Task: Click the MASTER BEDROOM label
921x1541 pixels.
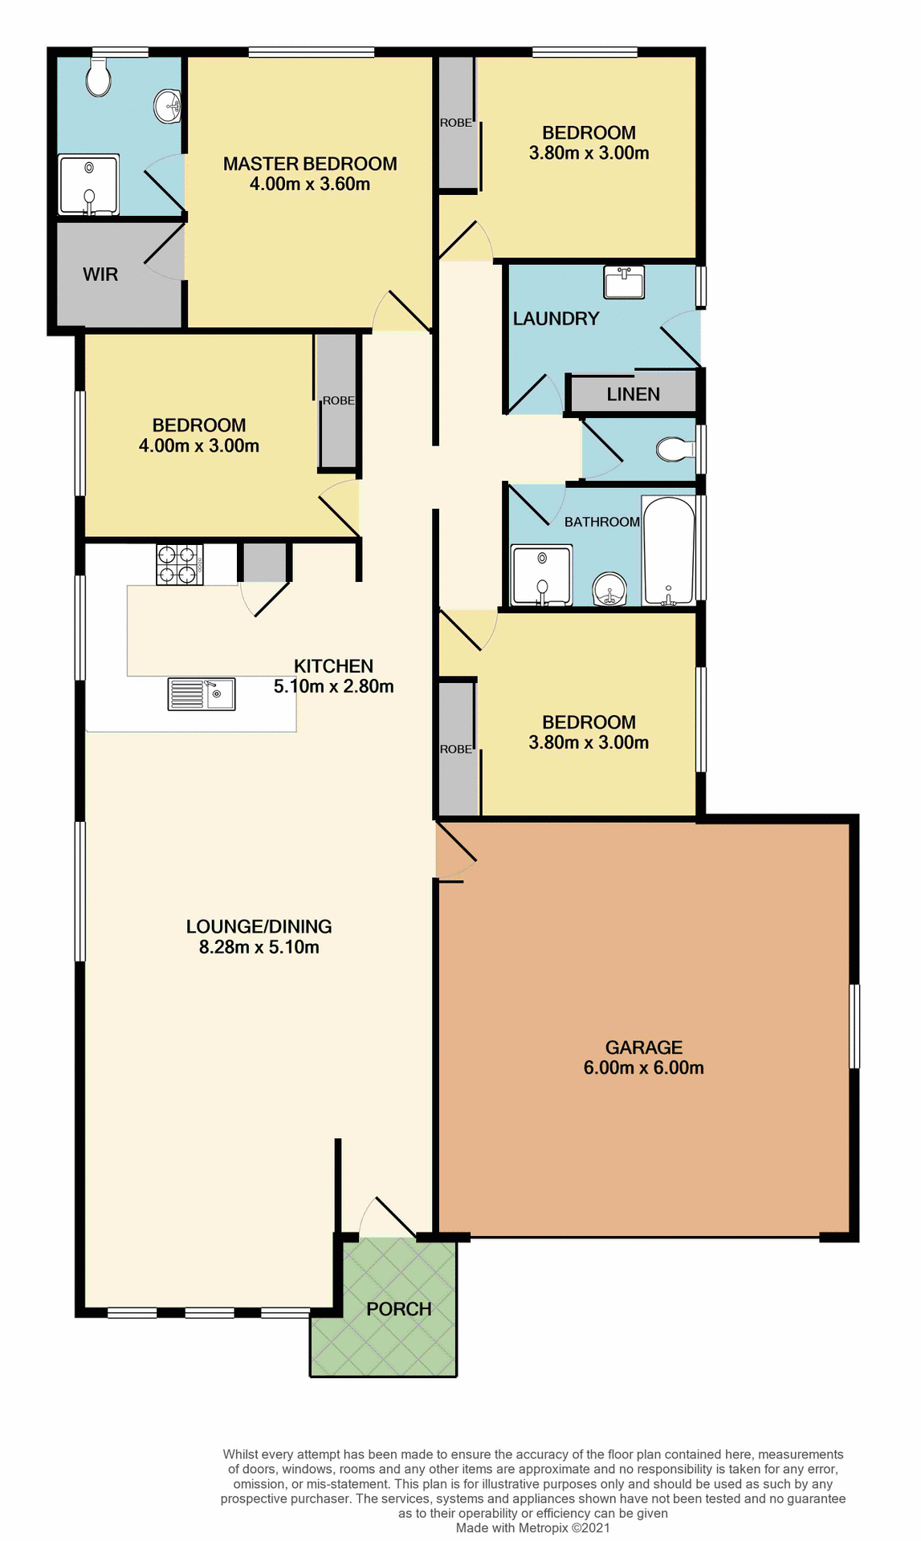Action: [310, 164]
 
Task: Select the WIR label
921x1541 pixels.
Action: [100, 274]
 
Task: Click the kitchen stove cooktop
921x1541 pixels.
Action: [179, 564]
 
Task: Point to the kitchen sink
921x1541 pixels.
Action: [202, 694]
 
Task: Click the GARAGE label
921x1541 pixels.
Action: [643, 1047]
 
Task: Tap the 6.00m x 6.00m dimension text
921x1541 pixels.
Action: [643, 1068]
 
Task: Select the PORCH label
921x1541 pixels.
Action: [399, 1309]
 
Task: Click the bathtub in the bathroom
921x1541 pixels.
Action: [668, 551]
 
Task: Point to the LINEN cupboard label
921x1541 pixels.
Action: [633, 394]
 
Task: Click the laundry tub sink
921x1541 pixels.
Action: [624, 283]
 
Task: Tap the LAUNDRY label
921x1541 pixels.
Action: [556, 319]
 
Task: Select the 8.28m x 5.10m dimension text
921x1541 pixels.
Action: [259, 947]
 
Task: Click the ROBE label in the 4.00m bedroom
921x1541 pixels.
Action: [338, 400]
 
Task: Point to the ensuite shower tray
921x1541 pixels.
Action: [88, 185]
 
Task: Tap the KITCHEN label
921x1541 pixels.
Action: [333, 666]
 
